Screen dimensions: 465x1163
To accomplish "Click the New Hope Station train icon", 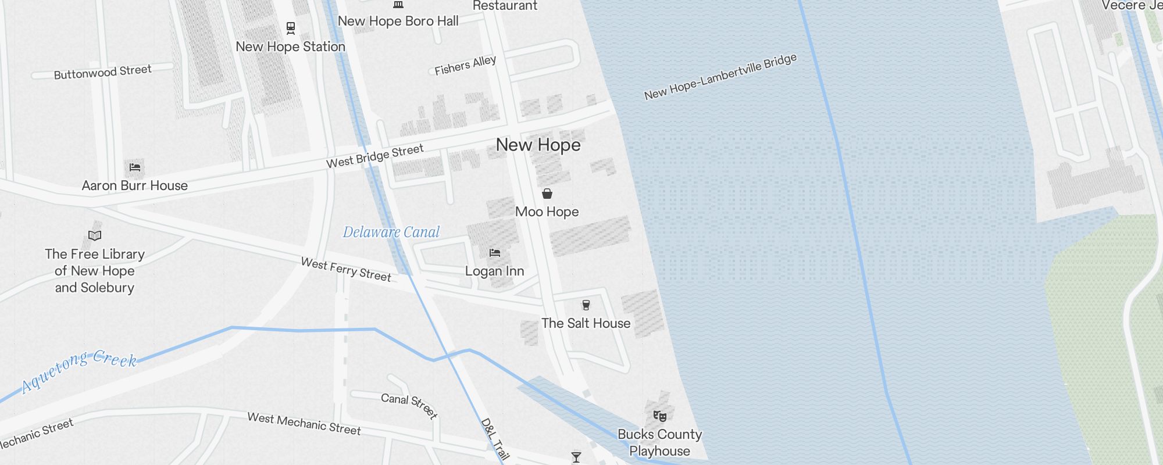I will (x=291, y=27).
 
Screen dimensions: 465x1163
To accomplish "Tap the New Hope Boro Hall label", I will (x=398, y=22).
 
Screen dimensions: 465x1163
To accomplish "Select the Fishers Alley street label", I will (x=465, y=65).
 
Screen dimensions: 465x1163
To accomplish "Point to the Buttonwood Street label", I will (x=102, y=72).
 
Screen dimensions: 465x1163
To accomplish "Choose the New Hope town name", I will (x=538, y=145).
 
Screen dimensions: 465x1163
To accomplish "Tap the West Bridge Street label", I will (x=374, y=156).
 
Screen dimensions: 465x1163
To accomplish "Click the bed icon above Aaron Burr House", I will (x=135, y=167).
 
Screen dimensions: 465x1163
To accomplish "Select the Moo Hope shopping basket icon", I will (x=547, y=194).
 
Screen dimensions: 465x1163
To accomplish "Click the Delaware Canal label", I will (x=391, y=232).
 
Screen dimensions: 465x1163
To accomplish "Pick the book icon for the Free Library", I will (x=95, y=235).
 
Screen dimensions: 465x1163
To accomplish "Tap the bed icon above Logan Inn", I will (x=495, y=253).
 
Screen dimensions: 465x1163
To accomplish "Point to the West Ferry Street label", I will (x=346, y=270).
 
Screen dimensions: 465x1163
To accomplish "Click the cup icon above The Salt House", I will (x=586, y=305).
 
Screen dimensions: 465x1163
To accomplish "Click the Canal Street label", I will (x=409, y=405).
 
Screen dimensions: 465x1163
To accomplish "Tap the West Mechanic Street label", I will (x=304, y=424).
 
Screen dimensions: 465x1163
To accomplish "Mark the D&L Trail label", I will (x=495, y=439).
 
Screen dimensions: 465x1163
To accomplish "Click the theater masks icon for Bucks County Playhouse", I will (x=659, y=416).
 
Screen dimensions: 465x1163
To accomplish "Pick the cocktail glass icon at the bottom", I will (x=576, y=457).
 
